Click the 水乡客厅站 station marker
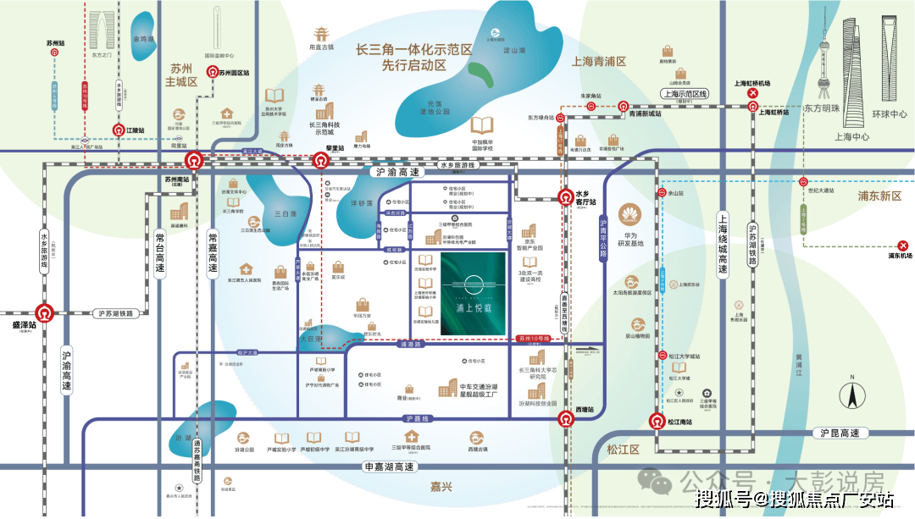tap(565, 197)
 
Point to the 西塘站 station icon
tap(565, 417)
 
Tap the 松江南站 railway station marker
tap(657, 420)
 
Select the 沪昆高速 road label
tap(840, 433)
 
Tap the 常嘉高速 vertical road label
tap(213, 254)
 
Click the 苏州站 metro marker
tap(55, 51)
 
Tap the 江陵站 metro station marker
tap(119, 130)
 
